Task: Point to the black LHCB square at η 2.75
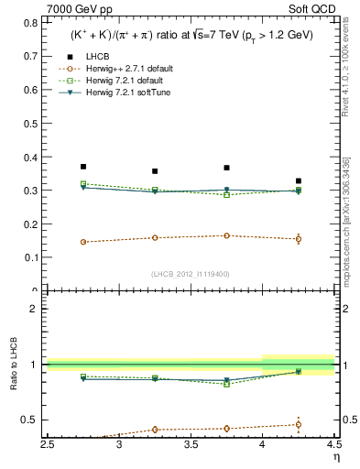pyautogui.click(x=83, y=167)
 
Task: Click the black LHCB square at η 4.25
pyautogui.click(x=298, y=181)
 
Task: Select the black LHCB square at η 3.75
pyautogui.click(x=226, y=168)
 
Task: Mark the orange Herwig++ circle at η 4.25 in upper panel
pyautogui.click(x=298, y=239)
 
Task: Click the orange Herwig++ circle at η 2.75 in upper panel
pyautogui.click(x=83, y=242)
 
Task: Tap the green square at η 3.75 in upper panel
pyautogui.click(x=226, y=195)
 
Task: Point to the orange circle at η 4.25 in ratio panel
pyautogui.click(x=298, y=424)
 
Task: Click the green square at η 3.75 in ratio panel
pyautogui.click(x=226, y=384)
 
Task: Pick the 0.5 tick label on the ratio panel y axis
pyautogui.click(x=33, y=420)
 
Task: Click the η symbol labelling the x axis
pyautogui.click(x=335, y=457)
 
